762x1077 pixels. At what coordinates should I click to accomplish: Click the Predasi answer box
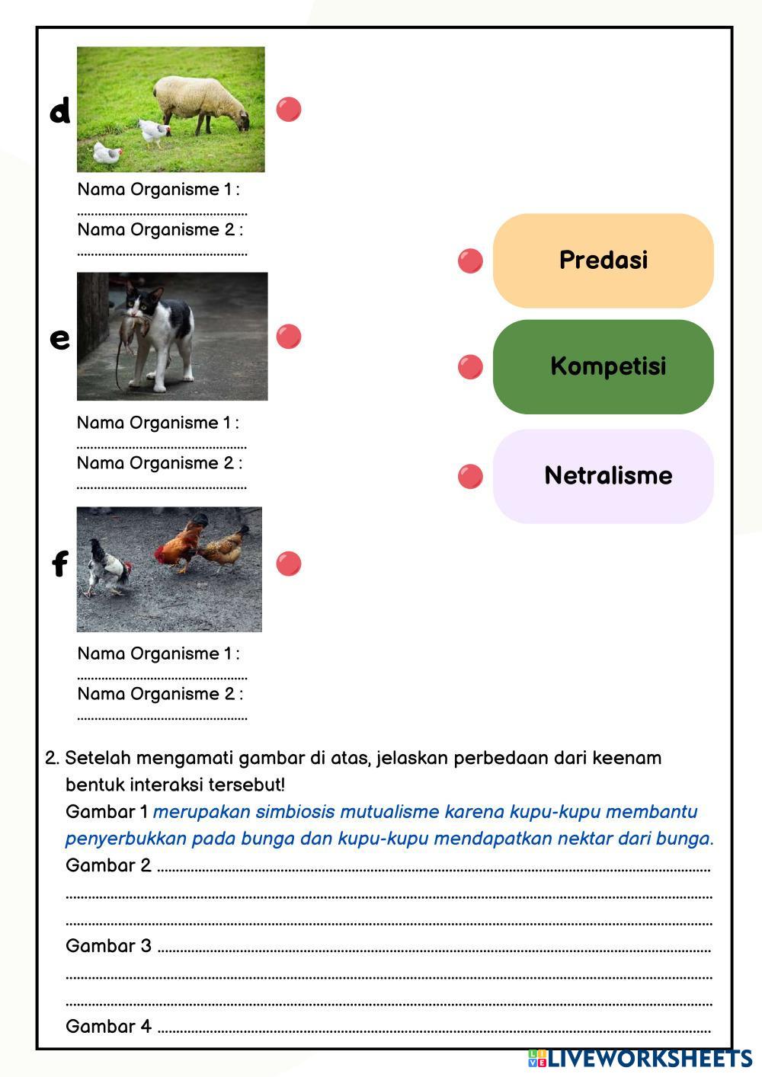[603, 260]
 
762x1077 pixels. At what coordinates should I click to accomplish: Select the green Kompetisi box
[603, 366]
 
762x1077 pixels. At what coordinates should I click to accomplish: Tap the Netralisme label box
[603, 476]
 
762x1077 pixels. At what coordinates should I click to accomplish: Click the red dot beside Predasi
[470, 261]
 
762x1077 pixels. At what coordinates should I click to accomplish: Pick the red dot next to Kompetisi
[470, 367]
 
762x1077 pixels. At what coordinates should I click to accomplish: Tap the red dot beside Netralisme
[470, 477]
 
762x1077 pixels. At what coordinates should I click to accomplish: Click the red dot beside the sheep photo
[289, 109]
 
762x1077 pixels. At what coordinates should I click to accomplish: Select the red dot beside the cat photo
[289, 336]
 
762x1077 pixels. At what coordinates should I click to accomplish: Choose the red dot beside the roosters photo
[289, 564]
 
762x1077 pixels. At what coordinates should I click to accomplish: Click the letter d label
[59, 111]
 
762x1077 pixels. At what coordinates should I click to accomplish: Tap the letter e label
[59, 338]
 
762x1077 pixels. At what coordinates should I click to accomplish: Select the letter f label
[59, 564]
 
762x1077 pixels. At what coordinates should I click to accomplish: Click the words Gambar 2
[108, 865]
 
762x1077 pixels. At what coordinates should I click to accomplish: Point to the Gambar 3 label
[108, 946]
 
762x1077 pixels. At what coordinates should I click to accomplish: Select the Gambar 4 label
[108, 1027]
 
